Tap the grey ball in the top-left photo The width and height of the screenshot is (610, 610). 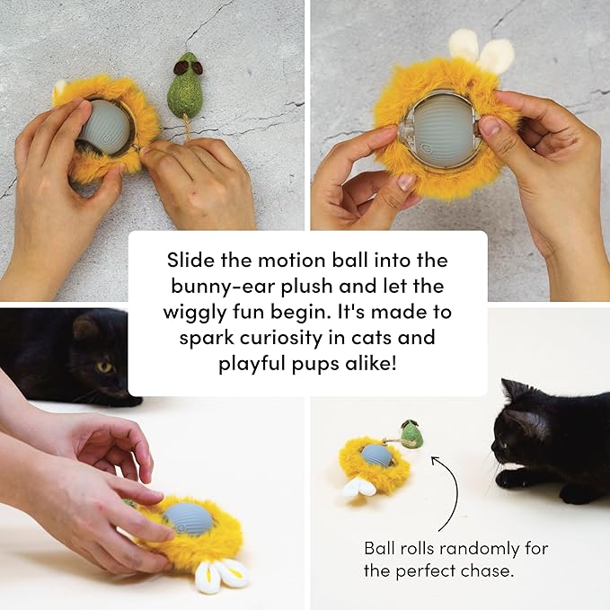[x=105, y=126]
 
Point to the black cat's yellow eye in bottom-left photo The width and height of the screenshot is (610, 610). [x=104, y=367]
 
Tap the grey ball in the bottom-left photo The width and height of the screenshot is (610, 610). [x=187, y=520]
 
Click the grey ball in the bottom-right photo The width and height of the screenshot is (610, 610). [x=376, y=455]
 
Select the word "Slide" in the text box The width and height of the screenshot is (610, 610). [x=191, y=260]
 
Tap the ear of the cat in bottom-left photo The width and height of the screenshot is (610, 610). [x=86, y=328]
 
